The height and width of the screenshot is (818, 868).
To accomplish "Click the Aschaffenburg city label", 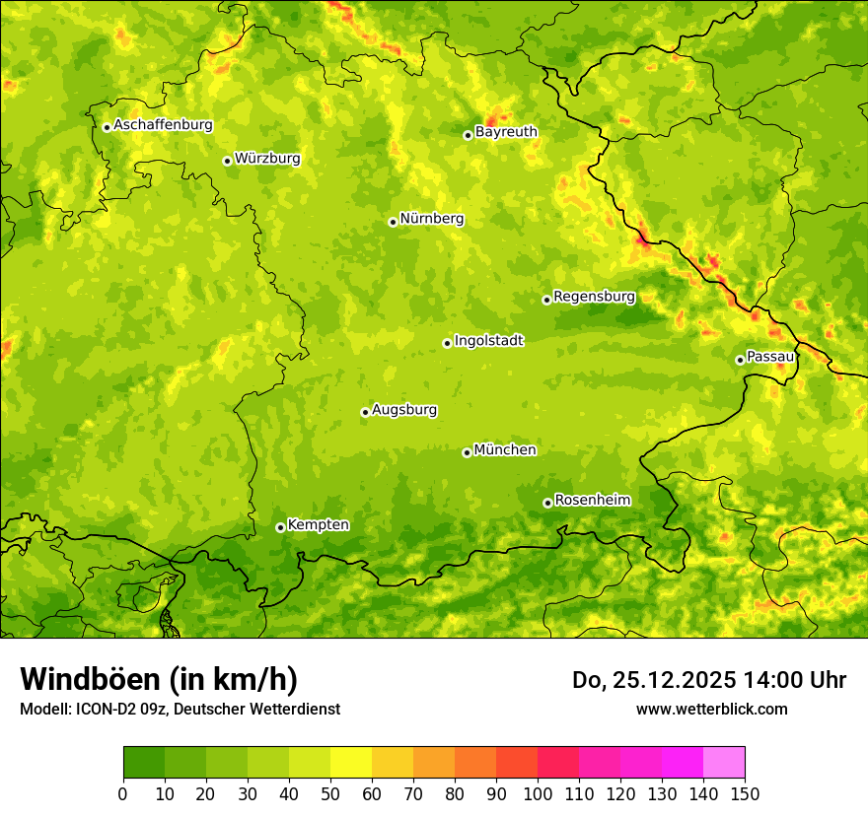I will click(163, 125).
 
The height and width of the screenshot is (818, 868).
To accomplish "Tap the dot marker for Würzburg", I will click(227, 161).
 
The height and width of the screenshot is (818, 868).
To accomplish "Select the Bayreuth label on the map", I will click(506, 132).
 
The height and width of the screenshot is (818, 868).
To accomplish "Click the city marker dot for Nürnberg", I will click(393, 222).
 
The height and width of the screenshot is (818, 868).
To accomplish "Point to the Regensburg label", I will click(594, 297).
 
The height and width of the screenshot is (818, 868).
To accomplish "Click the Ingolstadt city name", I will click(488, 341).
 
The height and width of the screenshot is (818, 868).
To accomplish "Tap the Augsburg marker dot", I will click(365, 412).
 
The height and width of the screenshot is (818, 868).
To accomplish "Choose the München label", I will click(505, 450).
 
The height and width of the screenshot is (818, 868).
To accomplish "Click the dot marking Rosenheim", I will click(547, 503).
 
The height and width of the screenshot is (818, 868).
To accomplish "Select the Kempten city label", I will click(318, 525).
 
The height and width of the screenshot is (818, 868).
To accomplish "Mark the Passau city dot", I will click(740, 360).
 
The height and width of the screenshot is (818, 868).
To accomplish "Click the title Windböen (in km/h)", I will click(159, 679).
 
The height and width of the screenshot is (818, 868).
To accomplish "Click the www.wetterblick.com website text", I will click(711, 709).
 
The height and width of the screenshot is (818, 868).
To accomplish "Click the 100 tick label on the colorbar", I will click(538, 794).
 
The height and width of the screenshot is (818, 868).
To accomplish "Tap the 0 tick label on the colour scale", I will click(123, 794).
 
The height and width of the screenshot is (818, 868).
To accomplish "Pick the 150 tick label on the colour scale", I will click(745, 794).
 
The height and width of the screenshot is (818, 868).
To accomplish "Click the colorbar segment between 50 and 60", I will click(351, 763).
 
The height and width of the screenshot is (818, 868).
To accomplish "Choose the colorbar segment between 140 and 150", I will click(724, 763).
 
